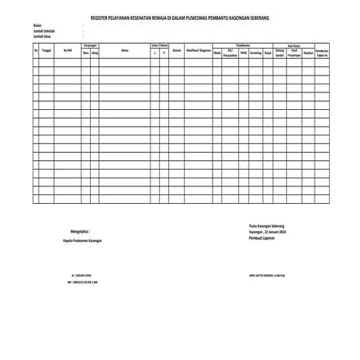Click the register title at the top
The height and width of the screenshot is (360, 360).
click(x=180, y=17)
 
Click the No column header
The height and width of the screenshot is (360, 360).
click(x=37, y=50)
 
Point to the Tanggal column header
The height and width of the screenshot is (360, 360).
click(x=47, y=50)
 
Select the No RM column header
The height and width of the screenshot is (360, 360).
click(x=68, y=50)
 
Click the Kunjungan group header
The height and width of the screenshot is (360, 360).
click(x=90, y=45)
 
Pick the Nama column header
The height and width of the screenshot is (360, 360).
click(x=124, y=50)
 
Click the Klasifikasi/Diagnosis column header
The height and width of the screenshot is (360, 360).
click(x=198, y=50)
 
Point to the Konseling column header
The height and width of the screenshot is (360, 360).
click(x=256, y=52)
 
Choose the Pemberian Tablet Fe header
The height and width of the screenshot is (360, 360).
click(x=322, y=52)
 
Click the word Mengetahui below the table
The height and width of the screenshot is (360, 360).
click(x=80, y=230)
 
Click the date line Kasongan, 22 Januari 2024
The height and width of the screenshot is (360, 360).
click(x=267, y=231)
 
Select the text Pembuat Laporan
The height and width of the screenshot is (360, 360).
click(x=261, y=237)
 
